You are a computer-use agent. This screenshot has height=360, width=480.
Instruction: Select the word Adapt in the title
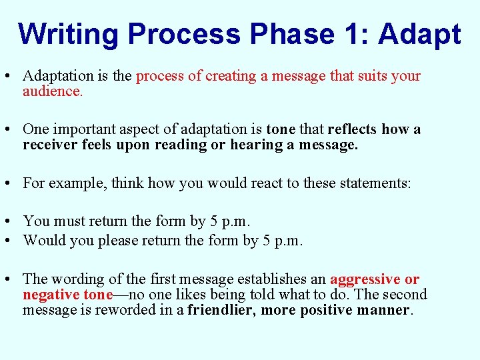419,35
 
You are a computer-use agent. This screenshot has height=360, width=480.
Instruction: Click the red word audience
52,91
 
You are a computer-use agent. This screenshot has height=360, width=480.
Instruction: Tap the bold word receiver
48,145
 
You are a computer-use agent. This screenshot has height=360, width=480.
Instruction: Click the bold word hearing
255,145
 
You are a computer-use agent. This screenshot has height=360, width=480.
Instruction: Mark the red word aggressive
365,279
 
